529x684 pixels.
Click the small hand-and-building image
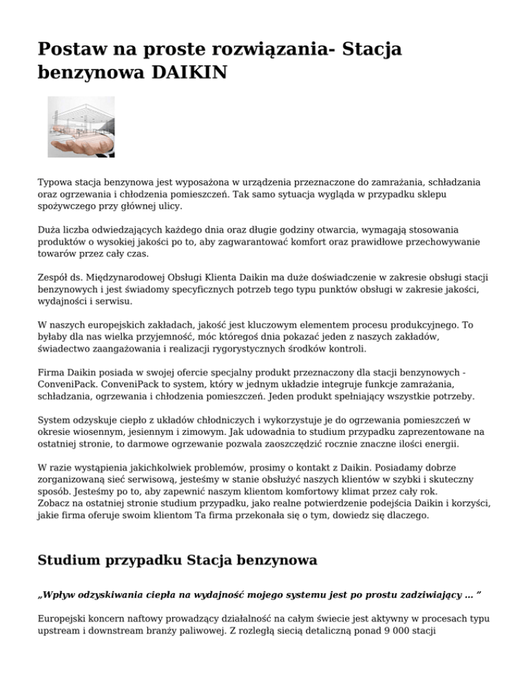81,127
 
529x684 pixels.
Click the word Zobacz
55,503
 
